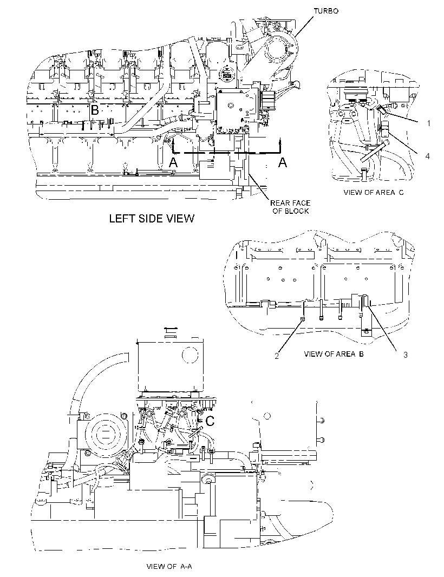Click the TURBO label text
coord(326,11)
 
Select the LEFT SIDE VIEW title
coord(152,219)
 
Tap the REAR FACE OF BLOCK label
coord(290,207)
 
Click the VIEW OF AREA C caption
coord(373,193)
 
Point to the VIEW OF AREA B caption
coord(334,354)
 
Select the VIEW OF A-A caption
coord(169,566)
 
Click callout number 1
coord(428,123)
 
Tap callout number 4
coord(427,156)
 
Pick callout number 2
coord(277,356)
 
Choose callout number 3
coord(406,355)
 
